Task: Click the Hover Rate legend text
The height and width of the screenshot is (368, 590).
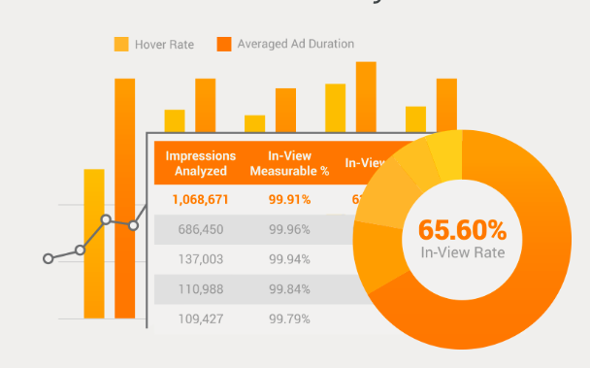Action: [165, 44]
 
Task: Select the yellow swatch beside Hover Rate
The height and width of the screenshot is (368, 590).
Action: [121, 44]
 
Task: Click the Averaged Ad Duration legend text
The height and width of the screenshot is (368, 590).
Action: [296, 44]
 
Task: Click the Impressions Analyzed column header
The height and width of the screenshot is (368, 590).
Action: [200, 163]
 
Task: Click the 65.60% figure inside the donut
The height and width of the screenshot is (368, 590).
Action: [462, 230]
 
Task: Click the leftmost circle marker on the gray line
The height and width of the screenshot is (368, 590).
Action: [48, 258]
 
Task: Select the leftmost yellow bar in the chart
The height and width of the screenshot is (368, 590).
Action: [94, 243]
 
